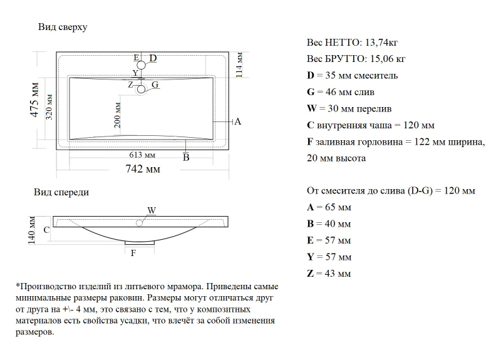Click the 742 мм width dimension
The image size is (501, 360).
(142, 169)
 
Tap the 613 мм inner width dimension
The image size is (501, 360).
(142, 155)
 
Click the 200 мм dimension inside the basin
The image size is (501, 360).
(117, 115)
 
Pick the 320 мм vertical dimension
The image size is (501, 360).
(49, 106)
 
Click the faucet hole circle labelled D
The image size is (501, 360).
(142, 65)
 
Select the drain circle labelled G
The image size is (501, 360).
(142, 89)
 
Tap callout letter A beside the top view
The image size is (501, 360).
(237, 121)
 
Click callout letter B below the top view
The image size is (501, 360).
(186, 158)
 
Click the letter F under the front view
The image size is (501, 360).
(132, 253)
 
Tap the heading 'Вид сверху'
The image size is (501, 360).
(63, 27)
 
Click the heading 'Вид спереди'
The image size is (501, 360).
(61, 192)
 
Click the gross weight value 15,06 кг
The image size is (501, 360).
(386, 59)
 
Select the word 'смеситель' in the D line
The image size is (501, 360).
(372, 76)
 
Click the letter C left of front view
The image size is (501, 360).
(46, 230)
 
